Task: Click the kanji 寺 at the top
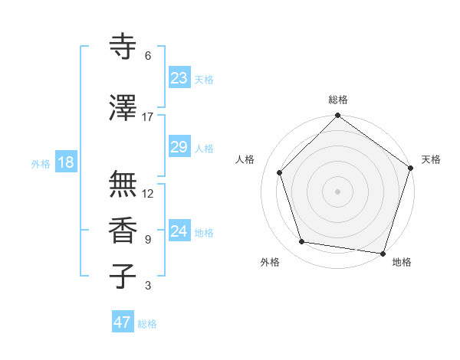(x=123, y=47)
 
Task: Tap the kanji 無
(x=123, y=184)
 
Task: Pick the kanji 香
(x=123, y=231)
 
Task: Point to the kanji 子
(x=123, y=277)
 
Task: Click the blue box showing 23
(x=179, y=78)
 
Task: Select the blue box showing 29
(x=179, y=147)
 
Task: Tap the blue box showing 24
(x=179, y=231)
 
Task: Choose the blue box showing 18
(x=65, y=162)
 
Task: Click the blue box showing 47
(x=123, y=322)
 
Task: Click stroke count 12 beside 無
(x=148, y=194)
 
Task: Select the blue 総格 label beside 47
(x=148, y=324)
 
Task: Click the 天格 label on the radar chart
(x=431, y=159)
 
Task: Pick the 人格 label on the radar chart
(x=245, y=159)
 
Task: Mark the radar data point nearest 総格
(x=337, y=116)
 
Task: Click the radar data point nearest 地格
(x=383, y=253)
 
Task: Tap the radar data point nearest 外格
(x=302, y=242)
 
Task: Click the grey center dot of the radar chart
(x=337, y=191)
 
